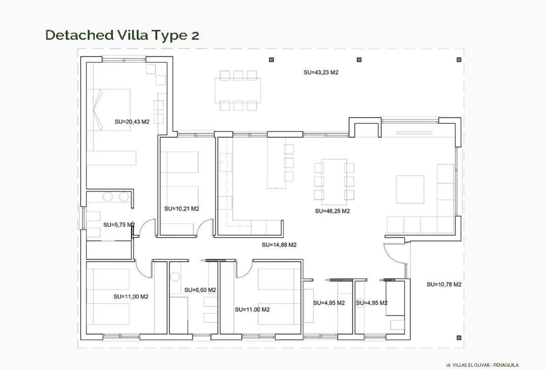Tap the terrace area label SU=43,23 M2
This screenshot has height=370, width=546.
tap(321, 72)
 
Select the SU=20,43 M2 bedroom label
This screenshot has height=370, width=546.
tap(132, 122)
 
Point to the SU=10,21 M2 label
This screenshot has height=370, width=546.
tap(182, 209)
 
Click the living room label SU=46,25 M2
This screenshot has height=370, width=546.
tap(332, 211)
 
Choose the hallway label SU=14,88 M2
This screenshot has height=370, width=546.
tap(279, 245)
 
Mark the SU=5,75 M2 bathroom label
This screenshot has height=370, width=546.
tap(119, 225)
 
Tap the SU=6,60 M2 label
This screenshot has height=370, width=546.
tap(200, 290)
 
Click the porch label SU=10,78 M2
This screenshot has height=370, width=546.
tap(444, 284)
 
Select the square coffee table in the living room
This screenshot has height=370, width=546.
tap(409, 189)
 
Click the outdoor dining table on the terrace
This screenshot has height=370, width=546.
tap(237, 90)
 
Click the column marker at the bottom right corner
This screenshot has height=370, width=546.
tap(459, 338)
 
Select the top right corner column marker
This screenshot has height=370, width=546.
tap(459, 60)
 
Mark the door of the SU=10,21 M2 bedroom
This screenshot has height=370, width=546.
tap(205, 228)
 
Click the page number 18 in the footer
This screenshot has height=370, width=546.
tap(448, 365)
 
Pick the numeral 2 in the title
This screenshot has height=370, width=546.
tap(195, 36)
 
